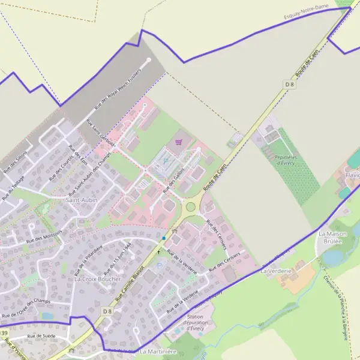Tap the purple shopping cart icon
[178, 142]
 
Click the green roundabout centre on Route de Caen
[191, 207]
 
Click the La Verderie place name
[275, 271]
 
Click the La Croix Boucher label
[97, 279]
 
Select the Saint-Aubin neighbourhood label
[82, 199]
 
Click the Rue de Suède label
[41, 336]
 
